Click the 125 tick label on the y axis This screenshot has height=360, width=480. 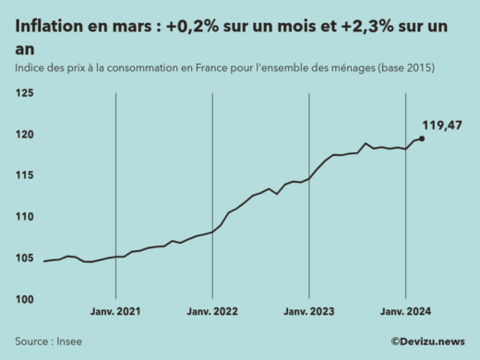click(x=24, y=93)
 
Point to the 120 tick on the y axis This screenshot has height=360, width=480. click(x=24, y=135)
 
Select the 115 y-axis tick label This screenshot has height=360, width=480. click(x=24, y=175)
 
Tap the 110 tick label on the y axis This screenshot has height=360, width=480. click(x=24, y=217)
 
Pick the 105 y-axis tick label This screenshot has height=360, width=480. click(x=24, y=258)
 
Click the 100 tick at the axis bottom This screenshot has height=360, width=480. click(x=24, y=299)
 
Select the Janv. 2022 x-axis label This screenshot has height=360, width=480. click(x=212, y=313)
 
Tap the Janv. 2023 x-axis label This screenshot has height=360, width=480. click(x=309, y=313)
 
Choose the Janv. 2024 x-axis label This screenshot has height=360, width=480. click(x=406, y=313)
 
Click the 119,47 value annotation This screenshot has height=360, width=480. click(x=441, y=126)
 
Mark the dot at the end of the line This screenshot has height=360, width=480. click(x=422, y=138)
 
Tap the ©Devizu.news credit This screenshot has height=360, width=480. click(x=427, y=342)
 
